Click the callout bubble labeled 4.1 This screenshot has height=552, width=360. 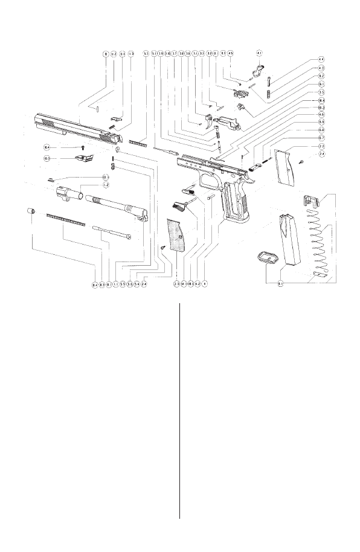[x=259, y=54]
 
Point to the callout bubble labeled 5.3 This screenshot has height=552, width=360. [x=146, y=54]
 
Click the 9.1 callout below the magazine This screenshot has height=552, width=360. [x=281, y=283]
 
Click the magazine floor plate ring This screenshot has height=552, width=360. [x=267, y=257]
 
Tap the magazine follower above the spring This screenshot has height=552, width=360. [x=310, y=200]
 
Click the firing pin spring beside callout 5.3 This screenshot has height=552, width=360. [x=140, y=144]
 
